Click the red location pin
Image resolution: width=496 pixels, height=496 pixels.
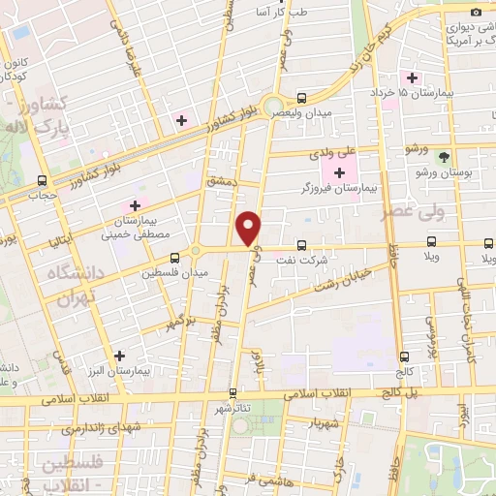click(x=249, y=228)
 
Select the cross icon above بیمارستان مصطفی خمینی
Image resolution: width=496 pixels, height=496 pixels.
click(x=135, y=205)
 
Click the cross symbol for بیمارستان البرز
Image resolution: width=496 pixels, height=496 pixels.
click(x=118, y=356)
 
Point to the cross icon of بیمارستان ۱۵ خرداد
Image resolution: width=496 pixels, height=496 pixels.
click(x=414, y=77)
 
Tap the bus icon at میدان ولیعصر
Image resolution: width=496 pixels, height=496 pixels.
click(x=301, y=98)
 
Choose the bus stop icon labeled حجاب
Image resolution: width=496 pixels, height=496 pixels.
click(x=42, y=180)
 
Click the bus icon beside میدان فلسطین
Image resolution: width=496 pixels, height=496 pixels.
click(x=174, y=258)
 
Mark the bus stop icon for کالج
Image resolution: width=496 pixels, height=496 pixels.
click(x=402, y=356)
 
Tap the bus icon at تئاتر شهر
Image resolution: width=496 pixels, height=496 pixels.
click(x=232, y=393)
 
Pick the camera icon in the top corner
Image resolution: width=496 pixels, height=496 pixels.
click(x=477, y=11)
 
